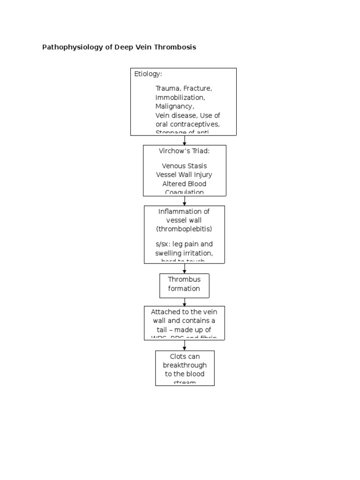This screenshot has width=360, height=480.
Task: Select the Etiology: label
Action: [x=149, y=74]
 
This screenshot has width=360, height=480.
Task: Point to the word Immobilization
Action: [x=180, y=97]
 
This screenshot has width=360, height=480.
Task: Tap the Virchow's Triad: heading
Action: [x=184, y=151]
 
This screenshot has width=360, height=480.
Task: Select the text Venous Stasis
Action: [x=184, y=165]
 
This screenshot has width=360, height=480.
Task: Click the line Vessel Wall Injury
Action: [x=184, y=174]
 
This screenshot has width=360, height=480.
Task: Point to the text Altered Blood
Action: [x=184, y=184]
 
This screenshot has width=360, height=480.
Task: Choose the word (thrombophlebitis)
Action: [x=184, y=229]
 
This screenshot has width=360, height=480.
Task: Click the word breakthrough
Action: [x=185, y=365]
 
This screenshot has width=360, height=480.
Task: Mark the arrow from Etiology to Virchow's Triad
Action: [x=185, y=140]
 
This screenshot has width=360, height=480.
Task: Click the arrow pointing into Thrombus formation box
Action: [x=185, y=269]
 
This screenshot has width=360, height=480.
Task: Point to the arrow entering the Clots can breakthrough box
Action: [x=185, y=345]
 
